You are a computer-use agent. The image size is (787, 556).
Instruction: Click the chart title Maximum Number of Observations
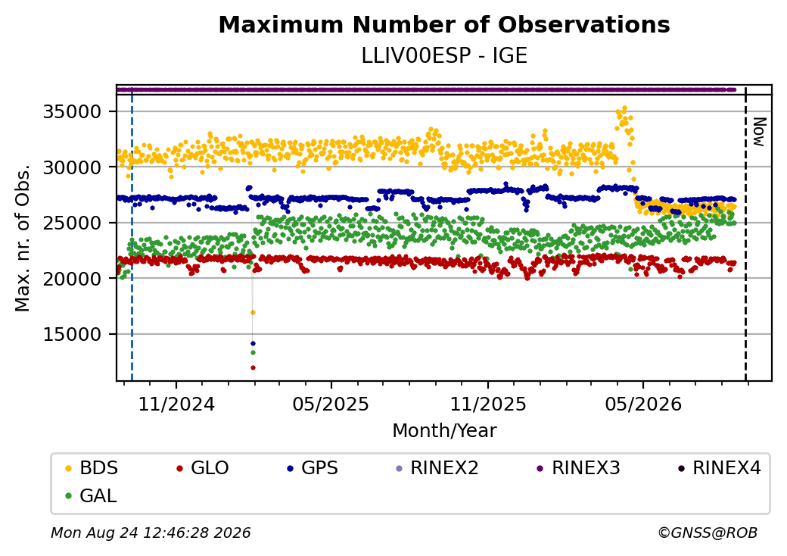[444, 24]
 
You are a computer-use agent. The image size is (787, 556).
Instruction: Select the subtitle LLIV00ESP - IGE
[444, 56]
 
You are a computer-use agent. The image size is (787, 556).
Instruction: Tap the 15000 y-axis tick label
[73, 334]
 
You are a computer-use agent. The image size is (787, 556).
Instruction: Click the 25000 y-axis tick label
[73, 223]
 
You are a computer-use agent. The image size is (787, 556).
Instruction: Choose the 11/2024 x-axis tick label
[176, 404]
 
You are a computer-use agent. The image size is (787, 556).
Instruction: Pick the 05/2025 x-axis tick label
[331, 404]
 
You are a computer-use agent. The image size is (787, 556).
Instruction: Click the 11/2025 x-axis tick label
[488, 404]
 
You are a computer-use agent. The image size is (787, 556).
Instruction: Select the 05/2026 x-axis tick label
[643, 404]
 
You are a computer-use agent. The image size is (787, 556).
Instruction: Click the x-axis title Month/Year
[444, 430]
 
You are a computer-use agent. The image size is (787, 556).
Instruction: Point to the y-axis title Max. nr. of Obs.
[23, 238]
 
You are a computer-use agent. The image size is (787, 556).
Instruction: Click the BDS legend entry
[92, 468]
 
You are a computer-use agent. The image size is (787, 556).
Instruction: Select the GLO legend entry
[202, 468]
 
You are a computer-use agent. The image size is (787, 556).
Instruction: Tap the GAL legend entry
[92, 495]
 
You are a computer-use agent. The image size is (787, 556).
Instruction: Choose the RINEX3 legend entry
[579, 468]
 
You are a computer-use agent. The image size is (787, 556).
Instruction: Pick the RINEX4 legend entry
[719, 468]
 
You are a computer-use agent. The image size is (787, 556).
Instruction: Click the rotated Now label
[760, 132]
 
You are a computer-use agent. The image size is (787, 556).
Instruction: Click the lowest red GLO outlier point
[253, 367]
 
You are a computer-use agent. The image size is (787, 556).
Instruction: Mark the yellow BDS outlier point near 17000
[253, 312]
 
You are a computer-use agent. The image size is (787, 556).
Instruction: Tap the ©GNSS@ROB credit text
[708, 533]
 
